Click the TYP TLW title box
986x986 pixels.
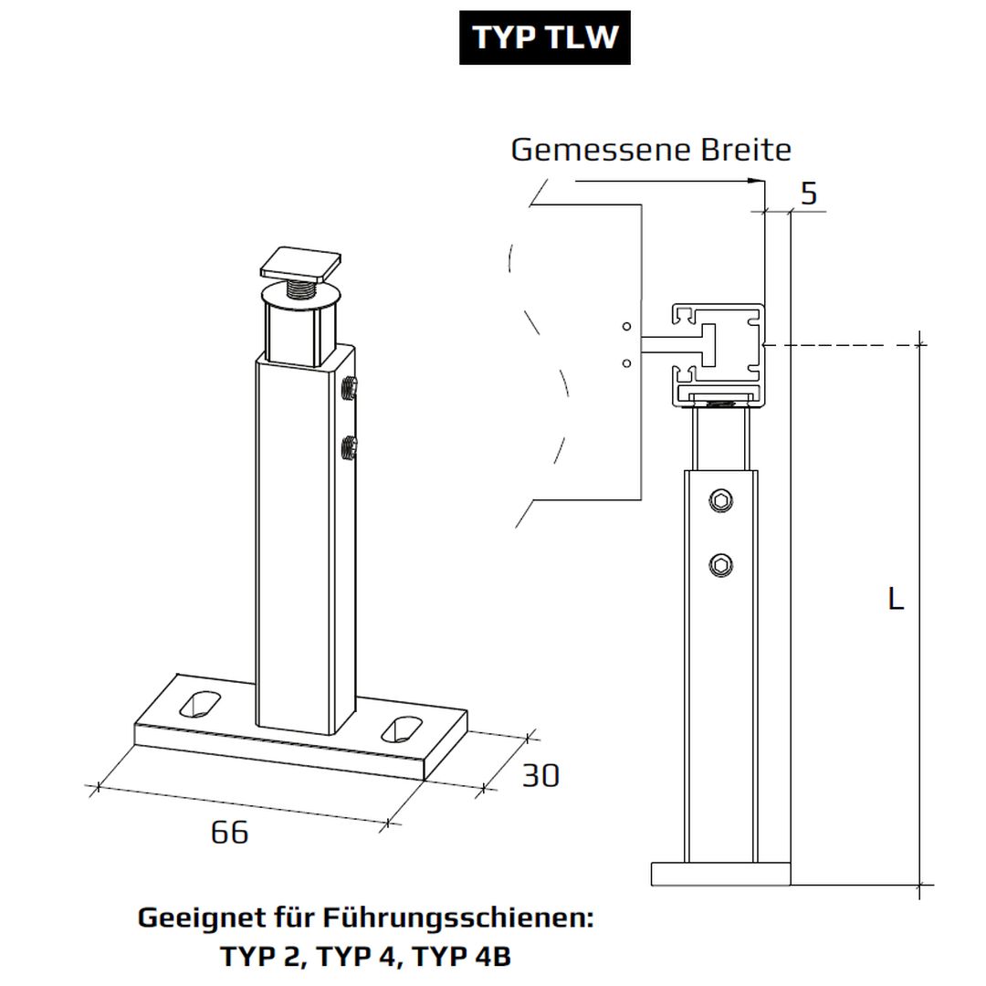tap(544, 38)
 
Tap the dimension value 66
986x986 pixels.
tap(229, 833)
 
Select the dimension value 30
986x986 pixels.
tap(540, 776)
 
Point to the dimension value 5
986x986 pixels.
tap(808, 194)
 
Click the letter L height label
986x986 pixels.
tap(896, 600)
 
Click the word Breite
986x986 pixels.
tap(746, 150)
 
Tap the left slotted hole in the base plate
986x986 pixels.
tap(202, 704)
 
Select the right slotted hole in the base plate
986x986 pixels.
tap(402, 728)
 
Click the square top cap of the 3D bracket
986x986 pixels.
tap(301, 264)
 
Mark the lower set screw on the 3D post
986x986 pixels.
tap(348, 447)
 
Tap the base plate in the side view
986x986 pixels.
tap(720, 873)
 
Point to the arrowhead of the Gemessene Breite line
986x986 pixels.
tap(757, 181)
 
